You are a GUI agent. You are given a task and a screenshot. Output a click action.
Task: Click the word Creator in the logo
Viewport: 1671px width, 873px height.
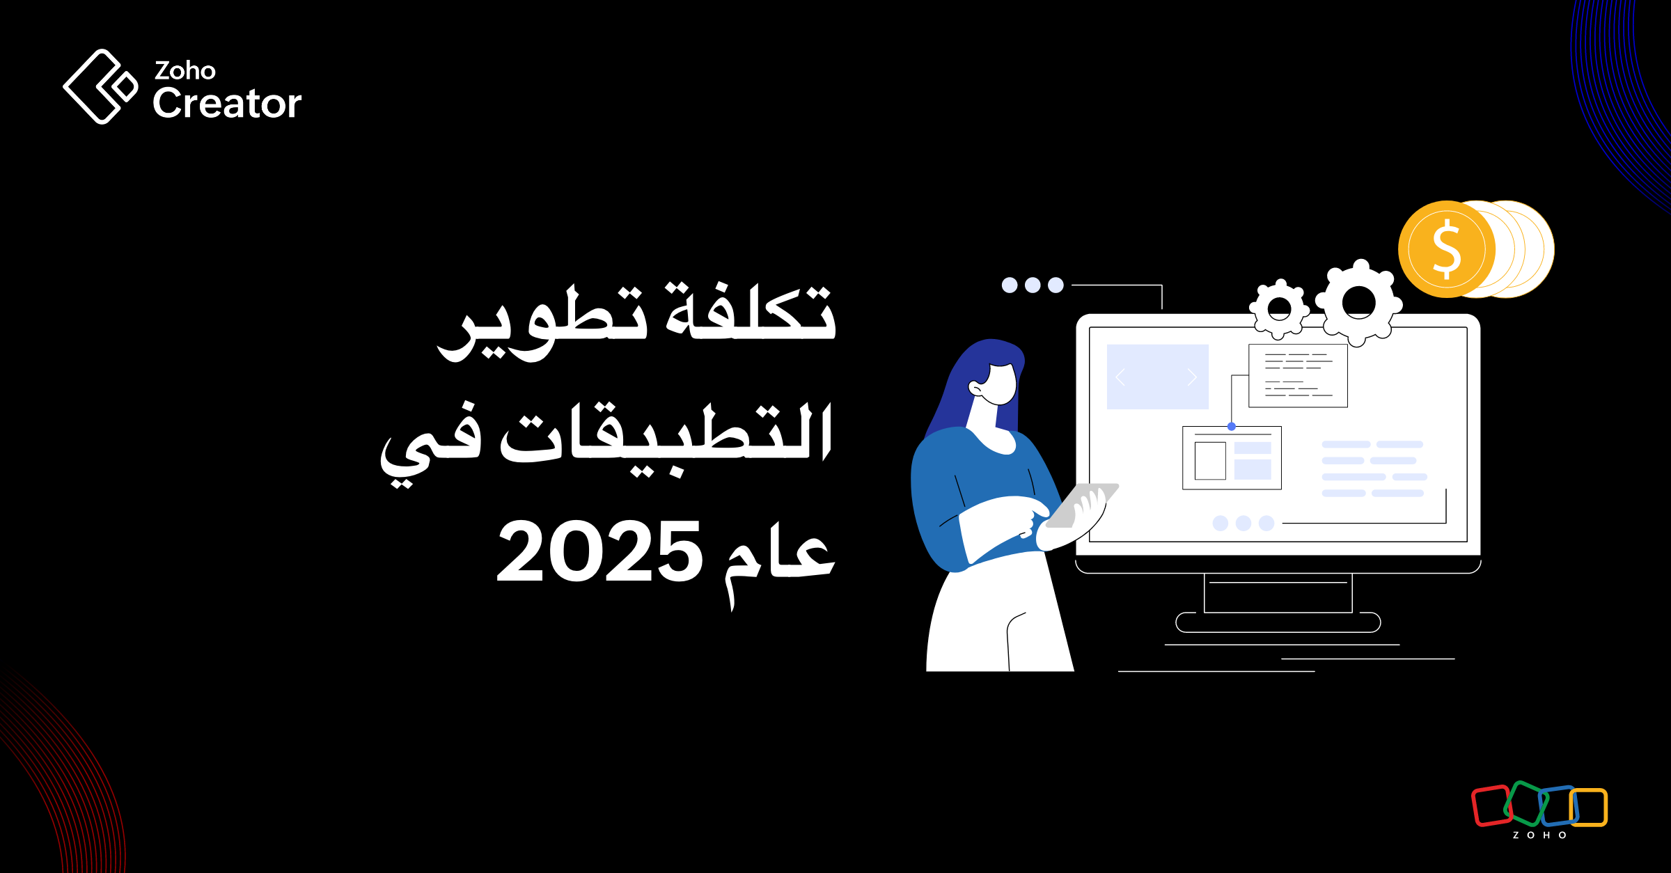click(x=227, y=103)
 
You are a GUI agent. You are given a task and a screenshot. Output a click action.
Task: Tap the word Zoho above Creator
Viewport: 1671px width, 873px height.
click(x=185, y=70)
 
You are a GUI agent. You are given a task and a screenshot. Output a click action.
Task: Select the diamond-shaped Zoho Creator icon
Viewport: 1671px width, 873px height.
click(x=100, y=86)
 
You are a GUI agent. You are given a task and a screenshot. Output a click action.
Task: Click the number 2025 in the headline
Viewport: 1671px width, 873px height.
click(x=599, y=551)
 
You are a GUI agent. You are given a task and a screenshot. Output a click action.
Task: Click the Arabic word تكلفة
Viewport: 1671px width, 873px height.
click(x=750, y=311)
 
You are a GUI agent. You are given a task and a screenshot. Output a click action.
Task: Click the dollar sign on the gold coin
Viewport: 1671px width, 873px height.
click(x=1447, y=249)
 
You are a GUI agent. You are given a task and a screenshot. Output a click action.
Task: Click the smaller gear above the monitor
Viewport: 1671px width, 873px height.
click(x=1279, y=308)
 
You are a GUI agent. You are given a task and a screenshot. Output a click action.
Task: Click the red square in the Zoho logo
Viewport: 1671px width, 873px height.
click(x=1491, y=805)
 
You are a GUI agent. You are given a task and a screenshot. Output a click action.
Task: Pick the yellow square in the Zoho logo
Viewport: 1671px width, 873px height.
click(x=1588, y=808)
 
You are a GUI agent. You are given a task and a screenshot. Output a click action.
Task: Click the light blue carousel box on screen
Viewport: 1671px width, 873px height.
click(x=1157, y=377)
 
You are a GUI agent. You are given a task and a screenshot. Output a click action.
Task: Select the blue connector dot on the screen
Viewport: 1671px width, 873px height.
click(x=1232, y=427)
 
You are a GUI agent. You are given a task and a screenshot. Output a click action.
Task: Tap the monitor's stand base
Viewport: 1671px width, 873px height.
click(x=1278, y=622)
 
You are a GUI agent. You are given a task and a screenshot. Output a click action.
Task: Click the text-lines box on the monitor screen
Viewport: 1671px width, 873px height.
click(x=1298, y=376)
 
